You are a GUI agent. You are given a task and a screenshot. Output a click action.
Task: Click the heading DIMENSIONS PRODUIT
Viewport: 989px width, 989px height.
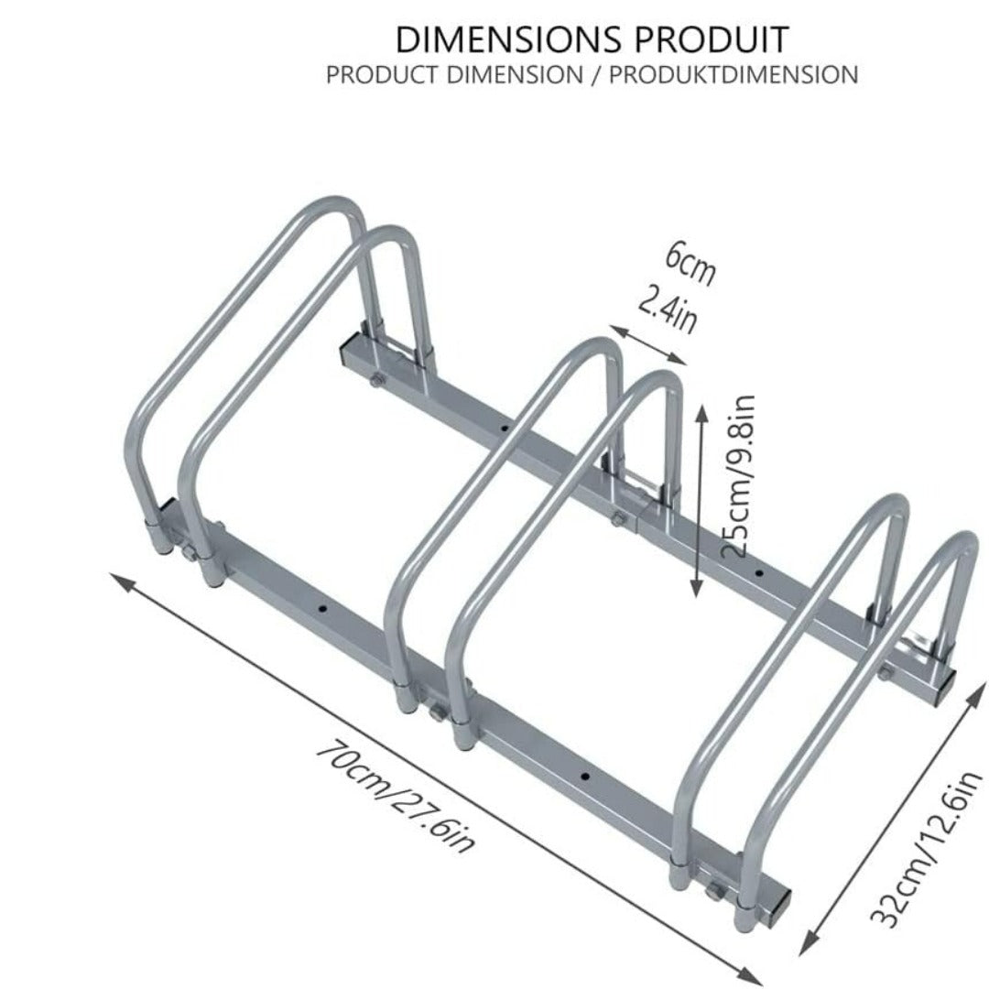coord(592,39)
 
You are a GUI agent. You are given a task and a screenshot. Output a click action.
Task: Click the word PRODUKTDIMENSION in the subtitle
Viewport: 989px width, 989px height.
coord(734,75)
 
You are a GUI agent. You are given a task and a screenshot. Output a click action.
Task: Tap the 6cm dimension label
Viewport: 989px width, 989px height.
coord(691,264)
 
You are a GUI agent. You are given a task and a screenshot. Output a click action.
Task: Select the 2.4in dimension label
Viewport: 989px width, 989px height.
coord(668,310)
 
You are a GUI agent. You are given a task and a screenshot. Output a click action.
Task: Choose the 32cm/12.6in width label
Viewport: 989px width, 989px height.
coord(927,848)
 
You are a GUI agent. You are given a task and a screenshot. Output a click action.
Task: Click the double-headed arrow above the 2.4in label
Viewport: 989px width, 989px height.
coord(647,345)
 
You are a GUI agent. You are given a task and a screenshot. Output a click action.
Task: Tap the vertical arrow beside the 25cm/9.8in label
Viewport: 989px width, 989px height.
coord(698,502)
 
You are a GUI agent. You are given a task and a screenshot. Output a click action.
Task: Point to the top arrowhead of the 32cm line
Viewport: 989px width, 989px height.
coord(977,690)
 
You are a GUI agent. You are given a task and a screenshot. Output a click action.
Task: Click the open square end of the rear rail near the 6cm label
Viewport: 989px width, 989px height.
coord(349,356)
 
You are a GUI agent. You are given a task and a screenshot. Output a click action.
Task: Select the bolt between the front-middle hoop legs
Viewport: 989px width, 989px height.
coord(437,713)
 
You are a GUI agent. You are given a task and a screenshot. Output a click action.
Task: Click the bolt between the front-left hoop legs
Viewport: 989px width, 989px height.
coord(188,552)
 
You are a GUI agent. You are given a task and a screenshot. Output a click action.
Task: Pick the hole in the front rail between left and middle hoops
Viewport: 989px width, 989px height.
coord(323,610)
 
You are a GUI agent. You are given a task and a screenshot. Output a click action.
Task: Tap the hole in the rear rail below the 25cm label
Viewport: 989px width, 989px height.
coord(759,573)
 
